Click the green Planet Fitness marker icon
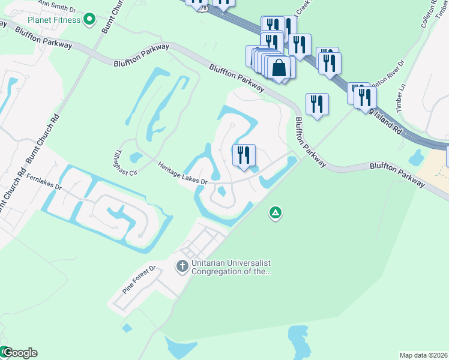[x=89, y=20]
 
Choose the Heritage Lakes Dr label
[x=182, y=173]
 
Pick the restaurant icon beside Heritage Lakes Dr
[x=244, y=156]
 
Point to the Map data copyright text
[x=423, y=355]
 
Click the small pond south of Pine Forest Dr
[x=127, y=328]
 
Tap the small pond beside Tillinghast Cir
[x=136, y=157]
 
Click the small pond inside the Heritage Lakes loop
[x=221, y=192]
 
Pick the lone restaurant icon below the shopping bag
[x=316, y=104]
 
